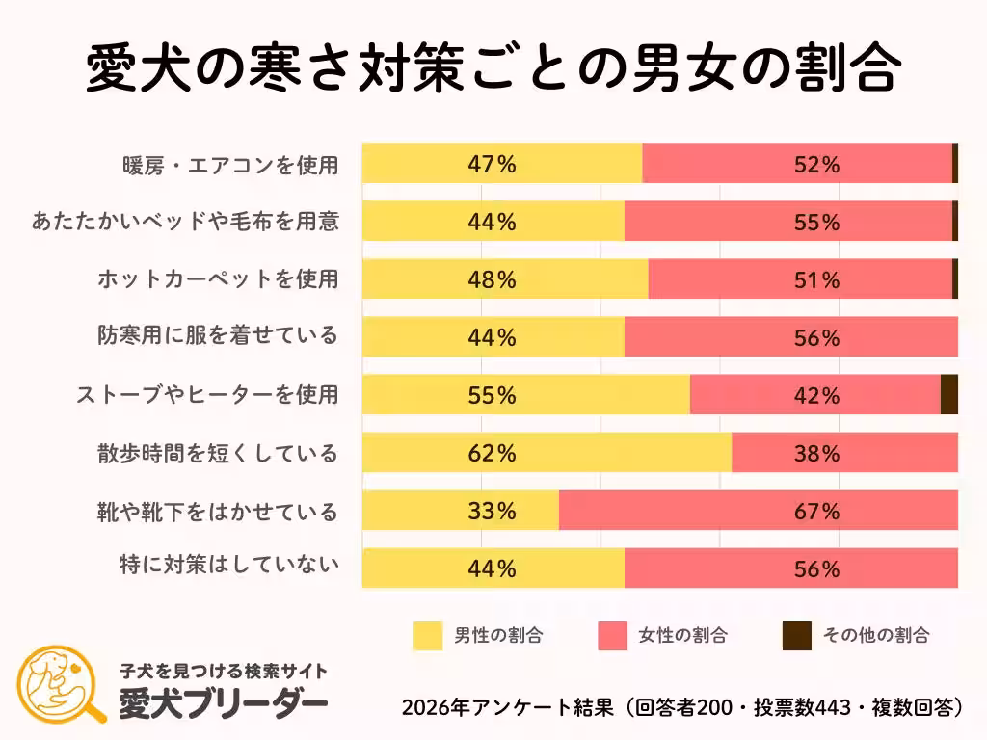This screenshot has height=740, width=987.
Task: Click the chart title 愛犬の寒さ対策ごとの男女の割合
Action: [x=493, y=66]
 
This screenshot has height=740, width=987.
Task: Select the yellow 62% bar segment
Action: [x=547, y=453]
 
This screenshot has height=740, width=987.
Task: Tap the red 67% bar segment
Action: [x=758, y=511]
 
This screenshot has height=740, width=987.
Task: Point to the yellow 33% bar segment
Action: [x=461, y=511]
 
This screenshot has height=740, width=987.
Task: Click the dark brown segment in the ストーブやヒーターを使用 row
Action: [x=948, y=395]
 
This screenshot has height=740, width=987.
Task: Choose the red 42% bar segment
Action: [x=814, y=395]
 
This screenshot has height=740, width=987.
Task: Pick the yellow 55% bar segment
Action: [x=526, y=395]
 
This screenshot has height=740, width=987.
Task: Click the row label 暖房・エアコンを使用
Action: [x=229, y=165]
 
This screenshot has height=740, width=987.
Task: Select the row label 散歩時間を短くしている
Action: [x=217, y=453]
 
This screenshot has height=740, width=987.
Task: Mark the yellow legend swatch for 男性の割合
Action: [x=428, y=635]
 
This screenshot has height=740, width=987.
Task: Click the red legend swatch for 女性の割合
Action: [x=612, y=635]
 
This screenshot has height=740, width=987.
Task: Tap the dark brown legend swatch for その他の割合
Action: [x=795, y=635]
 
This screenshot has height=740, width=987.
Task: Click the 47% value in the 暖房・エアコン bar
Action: [x=492, y=165]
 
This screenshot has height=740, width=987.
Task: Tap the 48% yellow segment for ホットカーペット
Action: [x=505, y=280]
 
